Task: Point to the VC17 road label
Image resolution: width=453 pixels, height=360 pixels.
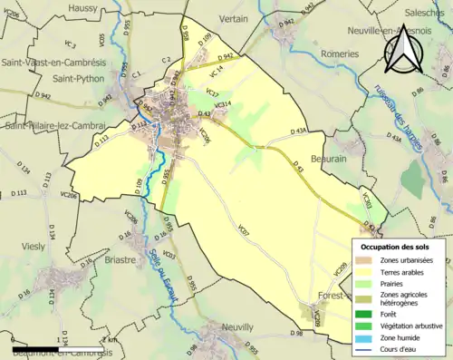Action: (212, 92)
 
